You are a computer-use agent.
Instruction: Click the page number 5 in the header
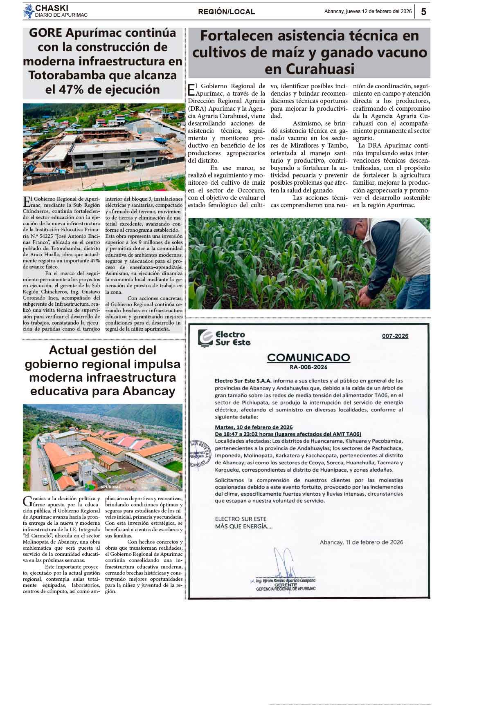click(x=423, y=12)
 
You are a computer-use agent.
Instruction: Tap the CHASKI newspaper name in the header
click(x=52, y=8)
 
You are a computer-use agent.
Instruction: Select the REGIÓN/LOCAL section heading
click(x=226, y=12)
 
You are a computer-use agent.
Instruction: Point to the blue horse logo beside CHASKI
click(x=28, y=11)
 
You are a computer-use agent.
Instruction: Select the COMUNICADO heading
click(x=308, y=358)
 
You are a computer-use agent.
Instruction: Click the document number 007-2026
click(x=395, y=336)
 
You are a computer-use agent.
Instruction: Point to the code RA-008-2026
click(x=308, y=367)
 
